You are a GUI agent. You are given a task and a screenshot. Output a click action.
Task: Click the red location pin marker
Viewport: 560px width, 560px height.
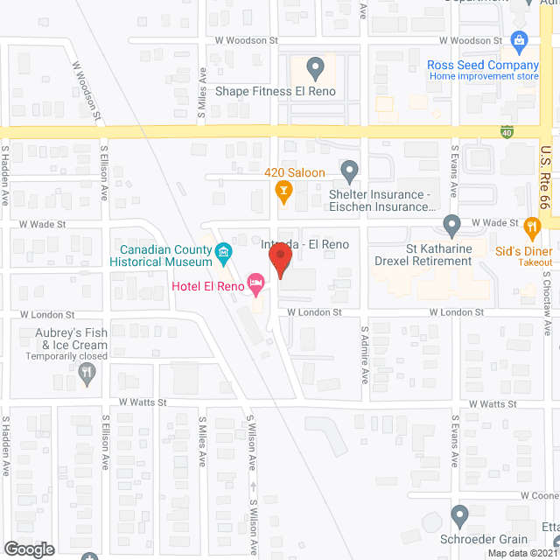(279, 261)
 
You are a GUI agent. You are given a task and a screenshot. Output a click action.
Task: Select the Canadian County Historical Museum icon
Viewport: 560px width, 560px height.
(223, 254)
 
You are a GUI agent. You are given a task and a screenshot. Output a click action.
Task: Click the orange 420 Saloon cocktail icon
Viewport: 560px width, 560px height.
(283, 189)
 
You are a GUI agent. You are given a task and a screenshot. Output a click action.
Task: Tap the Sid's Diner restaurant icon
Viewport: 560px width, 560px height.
(532, 228)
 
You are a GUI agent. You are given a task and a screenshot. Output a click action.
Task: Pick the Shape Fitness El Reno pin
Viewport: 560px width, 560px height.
(316, 66)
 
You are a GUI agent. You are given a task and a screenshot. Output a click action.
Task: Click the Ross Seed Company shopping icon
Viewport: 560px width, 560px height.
(520, 40)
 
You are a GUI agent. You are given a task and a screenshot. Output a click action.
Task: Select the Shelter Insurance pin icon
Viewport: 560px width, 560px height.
(349, 170)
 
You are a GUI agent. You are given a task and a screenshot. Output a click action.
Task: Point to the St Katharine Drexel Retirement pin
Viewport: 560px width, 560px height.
(451, 225)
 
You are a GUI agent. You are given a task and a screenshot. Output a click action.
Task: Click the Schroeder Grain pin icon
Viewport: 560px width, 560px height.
(460, 515)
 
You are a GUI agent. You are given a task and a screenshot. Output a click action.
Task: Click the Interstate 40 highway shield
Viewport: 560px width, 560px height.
(507, 132)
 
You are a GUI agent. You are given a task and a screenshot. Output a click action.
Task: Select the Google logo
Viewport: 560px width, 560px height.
(29, 549)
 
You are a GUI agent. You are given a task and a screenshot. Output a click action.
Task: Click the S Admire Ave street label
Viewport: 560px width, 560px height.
(366, 355)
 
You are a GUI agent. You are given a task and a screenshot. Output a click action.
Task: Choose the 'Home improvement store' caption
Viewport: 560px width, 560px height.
(484, 76)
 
